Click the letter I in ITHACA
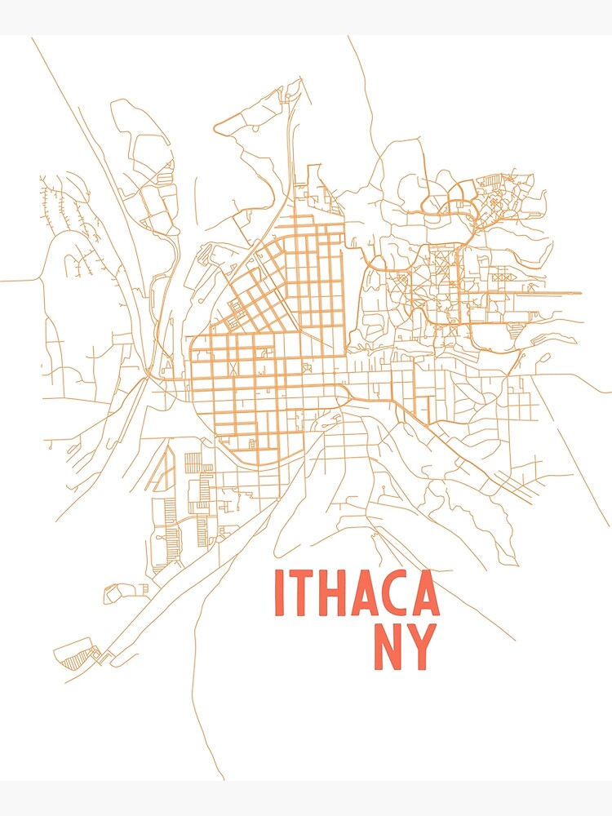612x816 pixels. pos(279,592)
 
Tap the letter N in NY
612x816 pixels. pos(388,647)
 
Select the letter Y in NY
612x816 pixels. pos(421,647)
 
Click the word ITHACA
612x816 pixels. pos(356,592)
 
